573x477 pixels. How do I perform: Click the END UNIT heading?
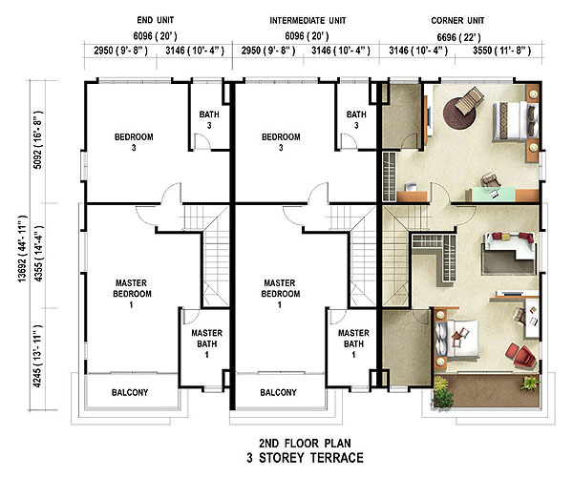pyautogui.click(x=156, y=20)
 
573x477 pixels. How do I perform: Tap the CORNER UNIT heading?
pyautogui.click(x=457, y=20)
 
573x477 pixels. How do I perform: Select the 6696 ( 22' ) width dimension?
pyautogui.click(x=458, y=37)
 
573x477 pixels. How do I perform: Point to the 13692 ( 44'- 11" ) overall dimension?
pyautogui.click(x=22, y=248)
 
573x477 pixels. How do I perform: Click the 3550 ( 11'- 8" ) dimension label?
pyautogui.click(x=501, y=51)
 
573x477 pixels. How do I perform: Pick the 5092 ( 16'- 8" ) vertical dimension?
pyautogui.click(x=37, y=140)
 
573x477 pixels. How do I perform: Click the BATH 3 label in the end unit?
pyautogui.click(x=209, y=119)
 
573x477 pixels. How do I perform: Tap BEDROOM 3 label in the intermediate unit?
pyautogui.click(x=281, y=142)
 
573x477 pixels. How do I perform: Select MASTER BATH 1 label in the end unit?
pyautogui.click(x=207, y=343)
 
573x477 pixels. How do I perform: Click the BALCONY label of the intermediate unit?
pyautogui.click(x=278, y=392)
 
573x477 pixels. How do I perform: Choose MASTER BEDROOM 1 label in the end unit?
pyautogui.click(x=132, y=294)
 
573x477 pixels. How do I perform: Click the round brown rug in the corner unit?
pyautogui.click(x=459, y=114)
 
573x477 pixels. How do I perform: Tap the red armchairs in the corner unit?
pyautogui.click(x=520, y=355)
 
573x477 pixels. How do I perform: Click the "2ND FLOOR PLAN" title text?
pyautogui.click(x=305, y=443)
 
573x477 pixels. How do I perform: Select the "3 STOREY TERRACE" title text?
pyautogui.click(x=305, y=458)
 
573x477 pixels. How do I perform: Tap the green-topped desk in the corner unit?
pyautogui.click(x=493, y=194)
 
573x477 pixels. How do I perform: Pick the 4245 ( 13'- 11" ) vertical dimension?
pyautogui.click(x=37, y=356)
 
